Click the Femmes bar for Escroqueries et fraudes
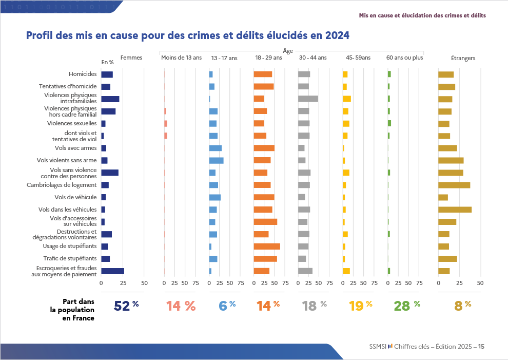click(112, 271)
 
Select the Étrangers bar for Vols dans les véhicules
click(455, 210)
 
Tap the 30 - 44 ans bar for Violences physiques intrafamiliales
click(308, 99)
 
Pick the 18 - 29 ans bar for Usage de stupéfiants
click(267, 247)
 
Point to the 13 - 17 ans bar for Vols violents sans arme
click(216, 160)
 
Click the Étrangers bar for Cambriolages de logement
click(454, 185)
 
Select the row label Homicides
click(83, 74)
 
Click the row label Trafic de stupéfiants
click(70, 259)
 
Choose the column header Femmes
click(131, 58)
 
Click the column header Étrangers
click(463, 59)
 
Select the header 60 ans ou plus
click(405, 58)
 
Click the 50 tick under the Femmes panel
click(144, 283)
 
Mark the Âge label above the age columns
click(288, 51)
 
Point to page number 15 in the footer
click(481, 347)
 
